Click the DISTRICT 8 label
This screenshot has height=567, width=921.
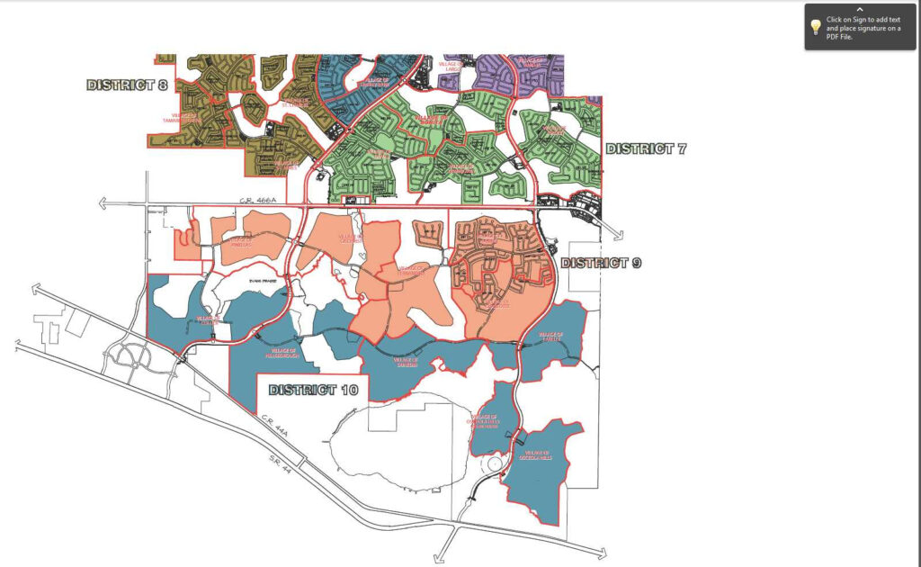point(127,85)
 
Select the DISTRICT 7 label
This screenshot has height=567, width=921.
point(646,148)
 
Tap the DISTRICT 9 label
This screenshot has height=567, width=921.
point(602,263)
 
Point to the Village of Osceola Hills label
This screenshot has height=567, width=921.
point(539,456)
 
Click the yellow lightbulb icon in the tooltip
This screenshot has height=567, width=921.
point(815,27)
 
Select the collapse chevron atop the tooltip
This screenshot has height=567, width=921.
point(861,9)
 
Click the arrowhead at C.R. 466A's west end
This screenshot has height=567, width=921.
point(103,205)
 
